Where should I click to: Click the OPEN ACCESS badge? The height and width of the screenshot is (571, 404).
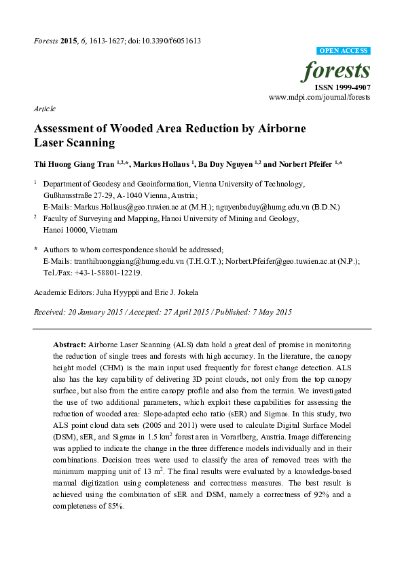coord(344,51)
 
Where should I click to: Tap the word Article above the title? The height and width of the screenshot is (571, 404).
coord(44,109)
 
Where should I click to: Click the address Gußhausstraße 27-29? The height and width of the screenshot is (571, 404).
coord(75,195)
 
